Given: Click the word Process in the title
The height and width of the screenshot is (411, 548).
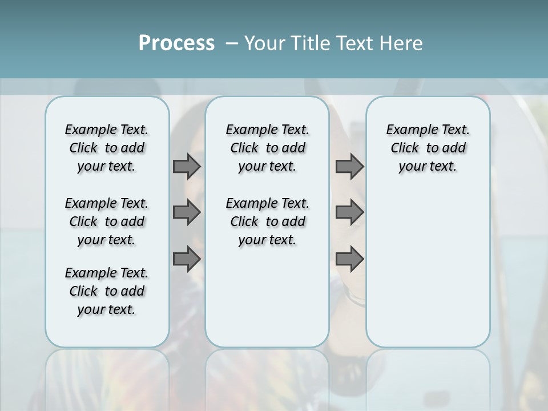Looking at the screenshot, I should (x=176, y=43).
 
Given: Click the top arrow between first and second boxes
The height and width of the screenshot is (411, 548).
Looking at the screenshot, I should (x=186, y=166).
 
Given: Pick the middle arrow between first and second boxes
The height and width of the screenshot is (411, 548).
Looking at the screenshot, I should (x=186, y=212).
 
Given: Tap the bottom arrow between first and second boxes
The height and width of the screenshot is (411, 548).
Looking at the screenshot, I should (x=186, y=259).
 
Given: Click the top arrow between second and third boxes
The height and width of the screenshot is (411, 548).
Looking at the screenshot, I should (x=349, y=166).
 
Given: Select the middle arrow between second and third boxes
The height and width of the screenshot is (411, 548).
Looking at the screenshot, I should (x=349, y=212).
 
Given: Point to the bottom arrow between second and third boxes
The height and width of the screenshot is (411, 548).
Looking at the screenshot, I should (x=349, y=259).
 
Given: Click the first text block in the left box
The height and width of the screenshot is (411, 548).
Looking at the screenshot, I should (x=107, y=148).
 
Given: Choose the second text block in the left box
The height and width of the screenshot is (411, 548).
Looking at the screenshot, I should (x=107, y=221).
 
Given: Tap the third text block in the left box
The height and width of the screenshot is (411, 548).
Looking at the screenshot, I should (x=107, y=291).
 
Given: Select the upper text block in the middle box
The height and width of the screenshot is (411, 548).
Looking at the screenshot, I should (x=267, y=148).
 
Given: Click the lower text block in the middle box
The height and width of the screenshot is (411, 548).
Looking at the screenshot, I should (x=267, y=221).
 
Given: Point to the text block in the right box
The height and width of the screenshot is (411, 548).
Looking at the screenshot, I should (x=428, y=148).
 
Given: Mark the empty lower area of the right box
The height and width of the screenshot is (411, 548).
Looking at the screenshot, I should (x=428, y=274).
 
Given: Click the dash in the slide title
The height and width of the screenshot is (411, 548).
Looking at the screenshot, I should (x=231, y=43).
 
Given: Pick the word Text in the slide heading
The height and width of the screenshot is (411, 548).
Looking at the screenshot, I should (x=353, y=43).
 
